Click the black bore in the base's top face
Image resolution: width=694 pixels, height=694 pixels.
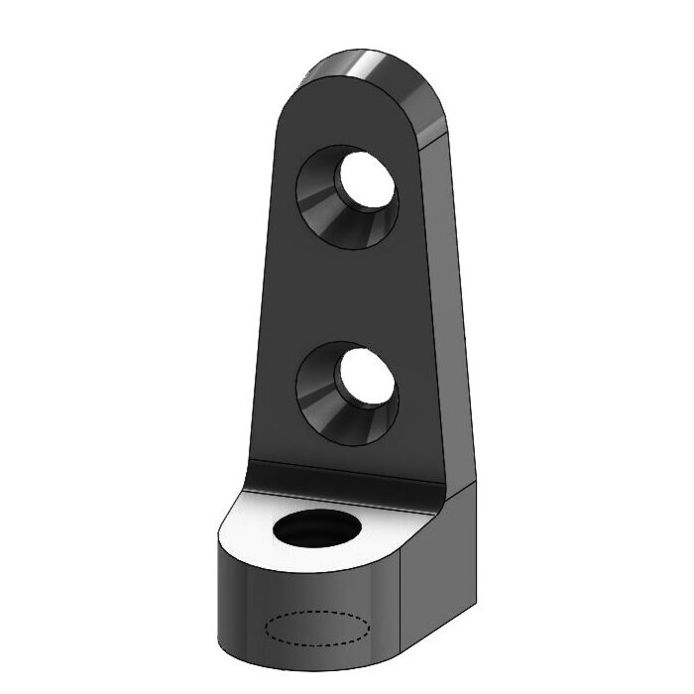pos(315,529)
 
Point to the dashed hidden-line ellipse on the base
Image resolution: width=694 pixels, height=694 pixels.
pos(318,628)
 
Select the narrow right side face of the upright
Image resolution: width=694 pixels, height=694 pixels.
pos(451,297)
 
